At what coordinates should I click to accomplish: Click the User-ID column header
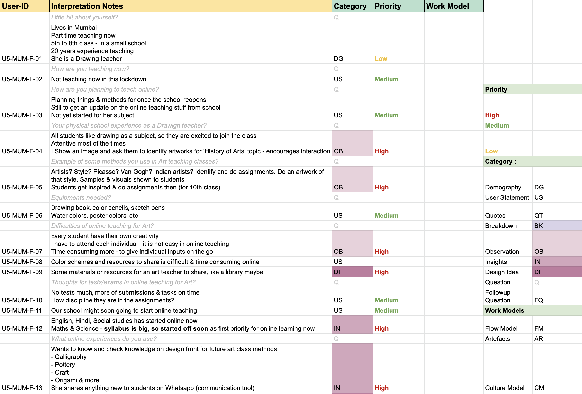tap(16, 6)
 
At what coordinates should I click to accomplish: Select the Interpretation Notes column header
tap(87, 6)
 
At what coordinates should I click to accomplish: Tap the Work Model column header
tap(447, 6)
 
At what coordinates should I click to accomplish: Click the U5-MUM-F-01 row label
tap(22, 59)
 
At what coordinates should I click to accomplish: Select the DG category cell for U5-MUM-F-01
tap(338, 59)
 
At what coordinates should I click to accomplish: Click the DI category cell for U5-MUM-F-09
tap(337, 272)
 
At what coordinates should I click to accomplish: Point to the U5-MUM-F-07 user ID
tap(22, 251)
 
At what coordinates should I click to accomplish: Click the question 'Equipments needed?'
tap(81, 197)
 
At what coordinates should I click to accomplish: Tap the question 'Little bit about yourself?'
tap(84, 17)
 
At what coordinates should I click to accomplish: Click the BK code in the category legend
tap(538, 226)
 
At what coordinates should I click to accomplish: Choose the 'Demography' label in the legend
tap(503, 187)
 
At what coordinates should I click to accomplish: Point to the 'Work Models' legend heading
tap(504, 310)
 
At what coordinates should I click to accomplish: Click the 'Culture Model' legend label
tap(504, 388)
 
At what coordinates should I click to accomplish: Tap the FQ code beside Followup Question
tap(538, 300)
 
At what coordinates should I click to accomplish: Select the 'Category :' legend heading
tap(500, 162)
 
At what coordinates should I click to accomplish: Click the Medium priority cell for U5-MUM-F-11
tap(386, 310)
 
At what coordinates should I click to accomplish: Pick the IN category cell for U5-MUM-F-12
tap(337, 328)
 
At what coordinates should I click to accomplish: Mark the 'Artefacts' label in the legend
tap(497, 339)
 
